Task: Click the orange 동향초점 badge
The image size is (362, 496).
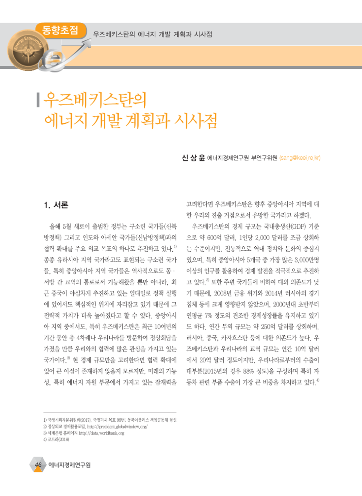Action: point(60,30)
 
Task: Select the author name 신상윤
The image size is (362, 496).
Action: point(193,158)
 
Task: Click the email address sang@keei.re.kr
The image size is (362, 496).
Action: point(300,158)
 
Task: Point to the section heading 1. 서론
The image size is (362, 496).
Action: point(56,205)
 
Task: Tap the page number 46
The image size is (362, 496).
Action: point(38,465)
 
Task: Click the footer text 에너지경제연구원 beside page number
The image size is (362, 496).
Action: point(69,465)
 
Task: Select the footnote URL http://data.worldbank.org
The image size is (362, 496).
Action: point(101,433)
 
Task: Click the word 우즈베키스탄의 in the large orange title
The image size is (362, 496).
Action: point(95,100)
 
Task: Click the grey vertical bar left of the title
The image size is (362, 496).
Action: point(38,100)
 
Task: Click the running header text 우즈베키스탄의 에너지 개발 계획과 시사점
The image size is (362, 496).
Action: point(153,34)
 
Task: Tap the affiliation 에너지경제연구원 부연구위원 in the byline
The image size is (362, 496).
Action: point(242,158)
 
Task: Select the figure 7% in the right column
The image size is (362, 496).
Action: point(208,316)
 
